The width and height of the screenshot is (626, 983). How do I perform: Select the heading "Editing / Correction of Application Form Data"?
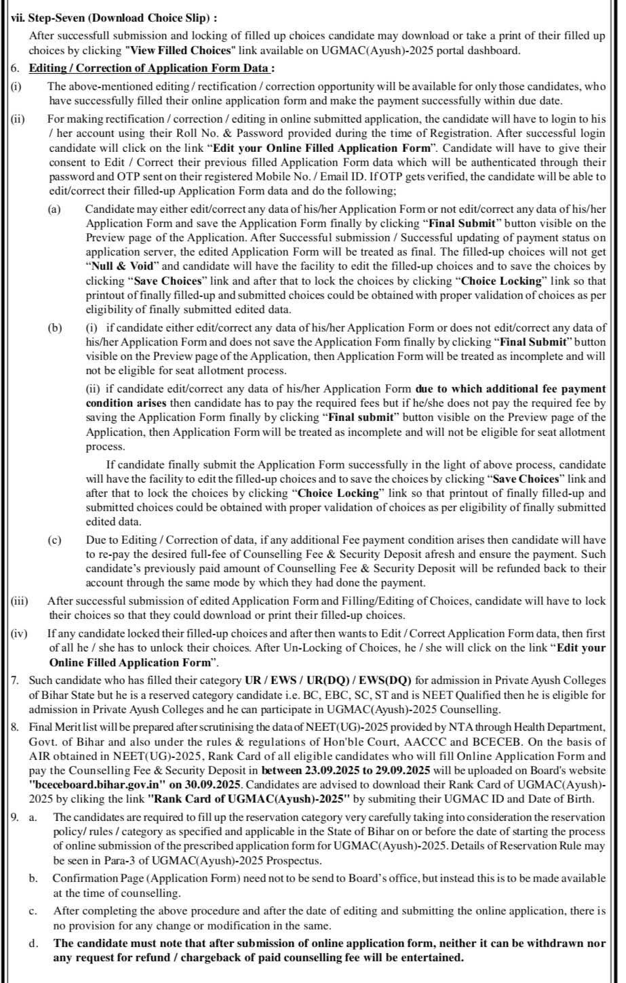(x=152, y=68)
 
